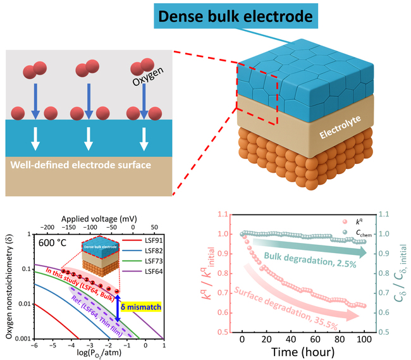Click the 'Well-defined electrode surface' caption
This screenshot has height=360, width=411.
80,165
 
